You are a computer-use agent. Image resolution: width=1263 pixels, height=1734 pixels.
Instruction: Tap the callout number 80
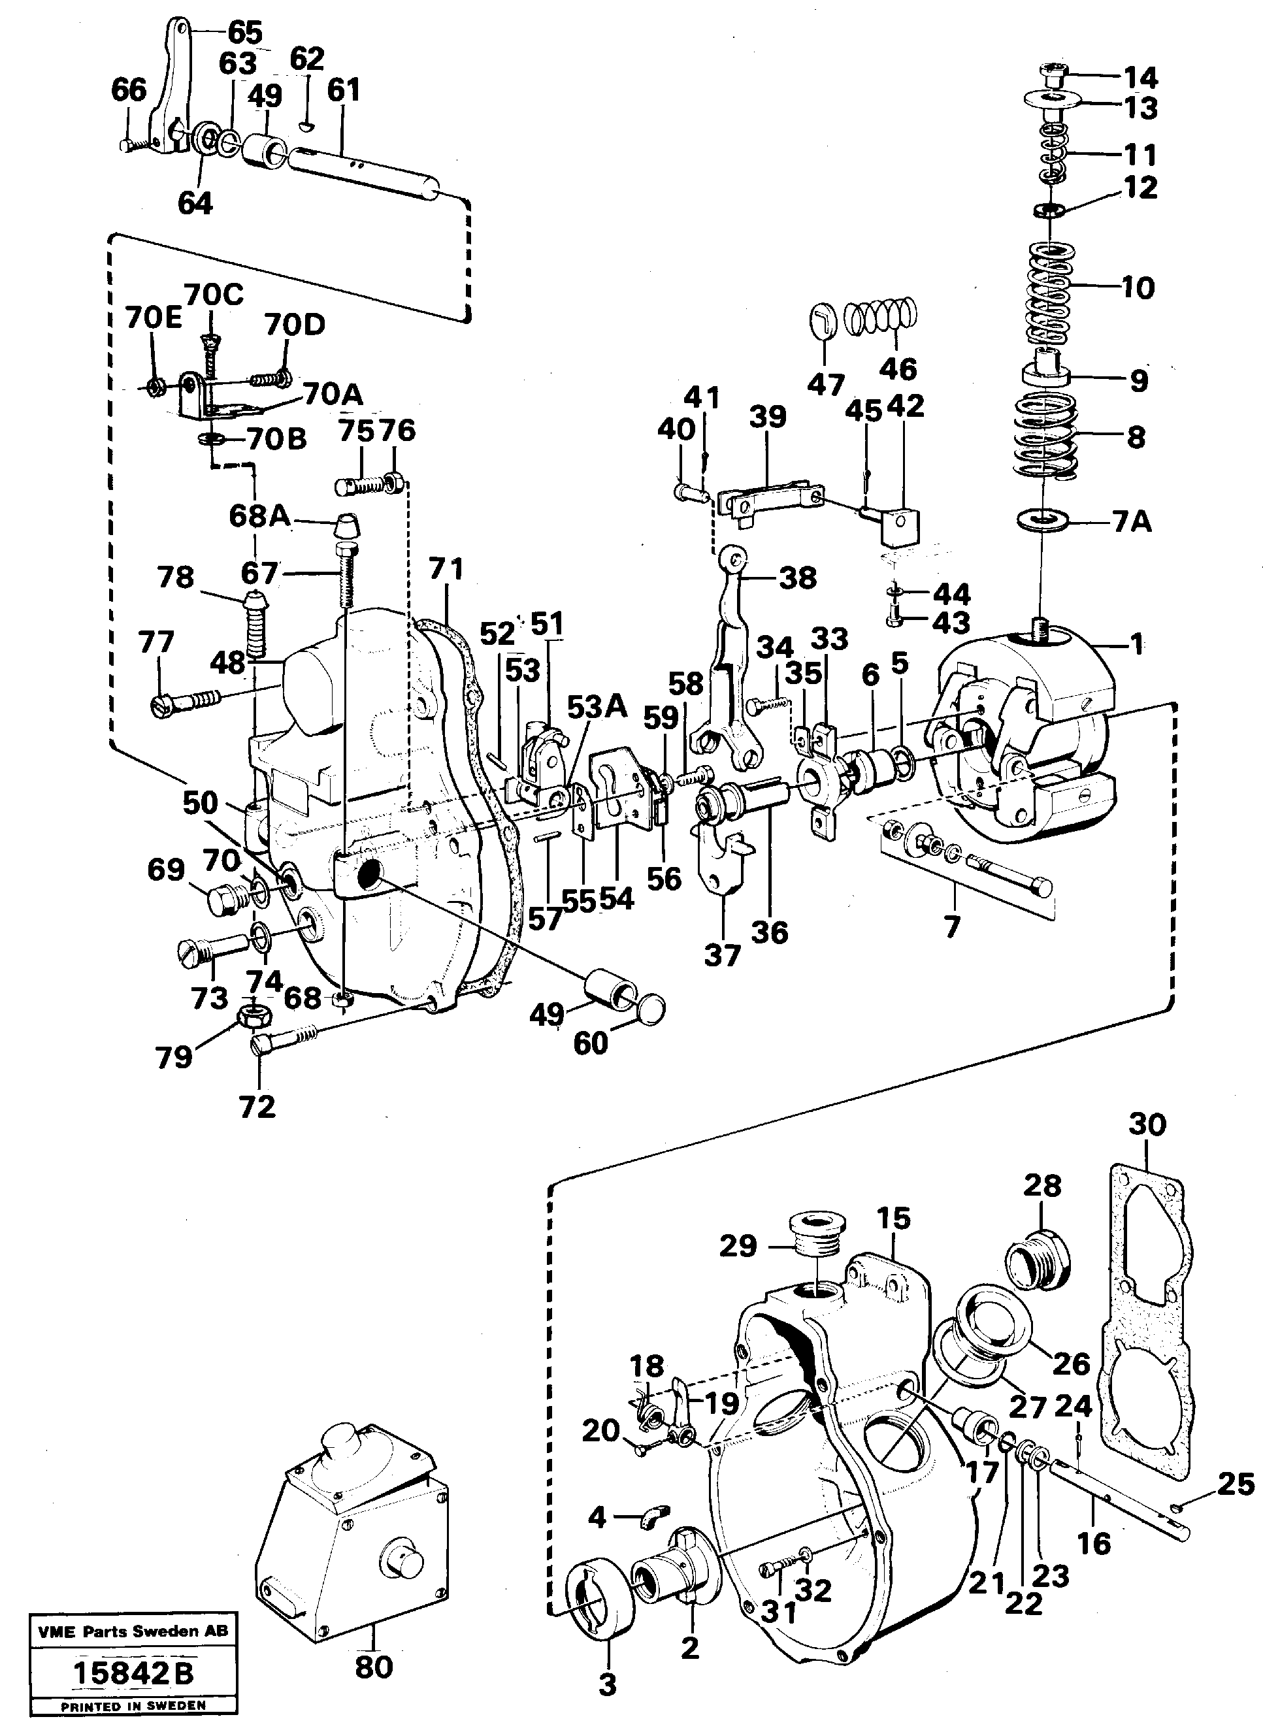(374, 1667)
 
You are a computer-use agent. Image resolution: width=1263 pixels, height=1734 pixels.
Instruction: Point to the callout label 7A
(1131, 522)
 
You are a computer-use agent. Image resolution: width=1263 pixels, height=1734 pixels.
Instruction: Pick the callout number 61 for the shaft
(343, 90)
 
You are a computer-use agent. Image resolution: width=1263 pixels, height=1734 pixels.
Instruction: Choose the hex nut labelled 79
(252, 1015)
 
